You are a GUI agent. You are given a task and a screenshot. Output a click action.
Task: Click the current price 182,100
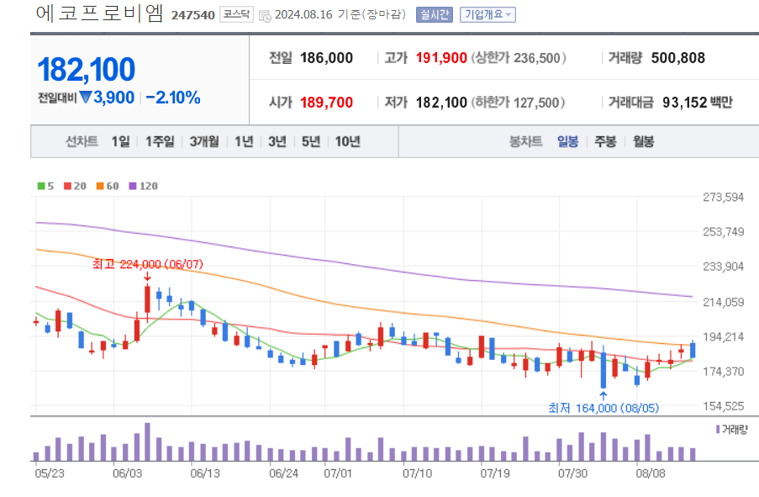tap(86, 70)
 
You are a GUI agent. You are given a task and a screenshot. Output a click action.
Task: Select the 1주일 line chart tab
tap(160, 141)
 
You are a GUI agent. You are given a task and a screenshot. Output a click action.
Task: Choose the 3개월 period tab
tap(204, 141)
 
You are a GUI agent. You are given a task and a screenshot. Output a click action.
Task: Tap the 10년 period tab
tap(347, 141)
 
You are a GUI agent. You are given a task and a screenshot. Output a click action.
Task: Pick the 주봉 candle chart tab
tap(605, 141)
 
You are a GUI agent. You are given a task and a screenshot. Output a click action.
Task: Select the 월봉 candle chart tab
tap(643, 141)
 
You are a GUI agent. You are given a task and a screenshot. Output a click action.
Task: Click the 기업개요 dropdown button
tap(488, 14)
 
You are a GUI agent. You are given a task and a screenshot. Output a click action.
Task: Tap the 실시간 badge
tap(434, 14)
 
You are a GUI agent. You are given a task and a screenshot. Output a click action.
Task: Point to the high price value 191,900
tap(436, 58)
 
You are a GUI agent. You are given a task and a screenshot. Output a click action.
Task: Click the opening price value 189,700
tap(325, 103)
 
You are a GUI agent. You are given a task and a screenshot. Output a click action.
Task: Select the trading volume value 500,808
tap(677, 58)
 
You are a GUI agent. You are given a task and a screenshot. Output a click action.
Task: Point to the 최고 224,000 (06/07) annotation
tap(147, 264)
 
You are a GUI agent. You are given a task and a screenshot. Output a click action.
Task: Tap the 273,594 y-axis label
tap(724, 197)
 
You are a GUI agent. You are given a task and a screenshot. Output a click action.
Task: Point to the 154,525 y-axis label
tap(724, 406)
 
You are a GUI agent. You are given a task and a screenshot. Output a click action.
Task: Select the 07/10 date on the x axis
tap(417, 473)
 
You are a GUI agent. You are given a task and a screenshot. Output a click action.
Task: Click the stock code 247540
tap(192, 15)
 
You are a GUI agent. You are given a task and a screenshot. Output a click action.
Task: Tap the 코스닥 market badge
tap(236, 14)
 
